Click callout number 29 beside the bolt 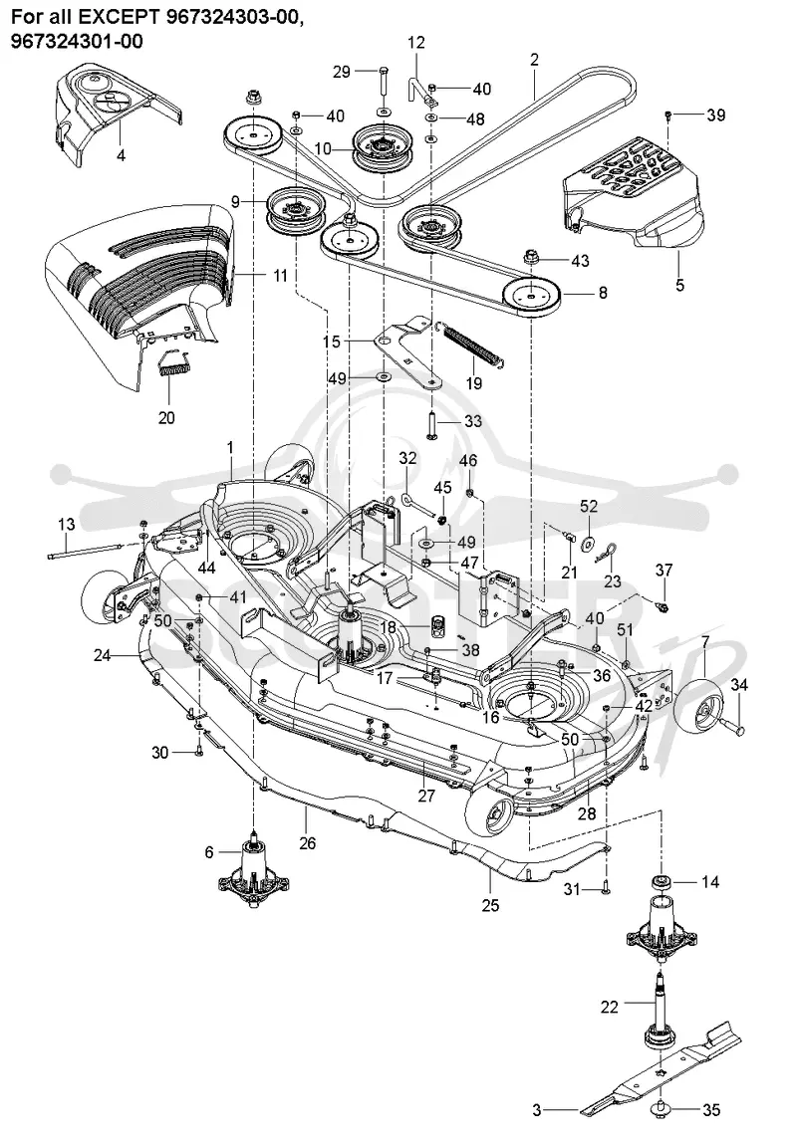point(342,71)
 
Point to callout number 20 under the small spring point(166,417)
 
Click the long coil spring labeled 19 point(474,344)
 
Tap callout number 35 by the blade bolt point(711,1110)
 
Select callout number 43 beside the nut point(580,260)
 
